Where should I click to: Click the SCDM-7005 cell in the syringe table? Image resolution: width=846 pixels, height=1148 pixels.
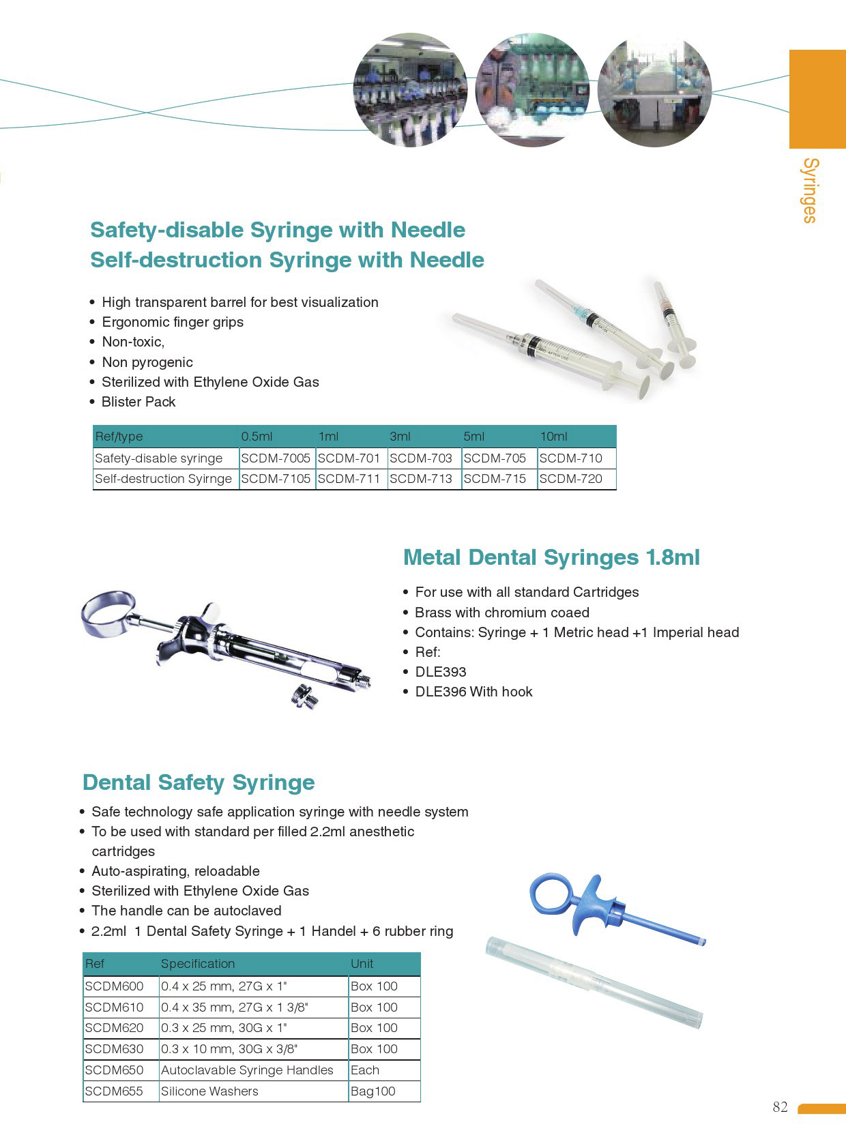(276, 458)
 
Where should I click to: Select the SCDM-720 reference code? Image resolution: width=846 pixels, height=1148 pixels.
(570, 479)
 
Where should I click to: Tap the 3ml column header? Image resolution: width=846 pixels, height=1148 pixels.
(400, 437)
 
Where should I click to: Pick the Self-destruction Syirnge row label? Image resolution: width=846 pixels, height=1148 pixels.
(163, 479)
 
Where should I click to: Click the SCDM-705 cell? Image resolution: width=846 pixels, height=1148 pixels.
(495, 458)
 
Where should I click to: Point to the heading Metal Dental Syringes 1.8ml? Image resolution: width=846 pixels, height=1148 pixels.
(551, 557)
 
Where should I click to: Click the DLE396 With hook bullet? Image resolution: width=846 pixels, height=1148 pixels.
(473, 692)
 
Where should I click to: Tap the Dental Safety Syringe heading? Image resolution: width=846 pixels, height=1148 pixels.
(199, 782)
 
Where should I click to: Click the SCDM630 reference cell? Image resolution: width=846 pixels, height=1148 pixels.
(114, 1049)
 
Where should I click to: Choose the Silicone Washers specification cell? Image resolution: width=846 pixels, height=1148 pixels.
(209, 1091)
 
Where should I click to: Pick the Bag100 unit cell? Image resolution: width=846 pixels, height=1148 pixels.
(373, 1091)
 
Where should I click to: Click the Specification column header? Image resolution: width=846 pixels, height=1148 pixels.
(198, 964)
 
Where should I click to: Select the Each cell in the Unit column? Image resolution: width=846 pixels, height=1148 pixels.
(365, 1070)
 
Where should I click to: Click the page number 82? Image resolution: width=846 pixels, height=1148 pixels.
(780, 1107)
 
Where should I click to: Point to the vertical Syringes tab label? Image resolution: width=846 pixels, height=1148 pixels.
(810, 190)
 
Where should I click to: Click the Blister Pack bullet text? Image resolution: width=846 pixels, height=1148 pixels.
(138, 402)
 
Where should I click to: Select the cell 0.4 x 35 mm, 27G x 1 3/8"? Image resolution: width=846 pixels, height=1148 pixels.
(235, 1007)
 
